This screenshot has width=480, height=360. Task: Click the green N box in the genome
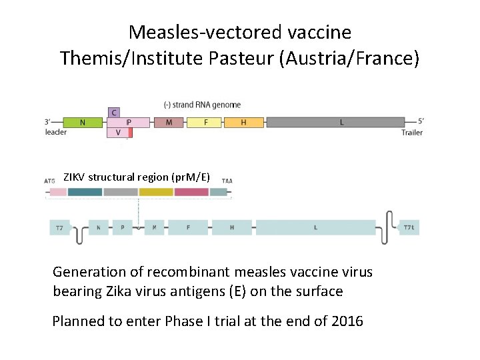[x=83, y=122]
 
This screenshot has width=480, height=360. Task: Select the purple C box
[x=114, y=112]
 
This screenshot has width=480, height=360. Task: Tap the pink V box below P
[x=118, y=133]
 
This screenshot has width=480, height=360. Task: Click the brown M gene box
[x=169, y=122]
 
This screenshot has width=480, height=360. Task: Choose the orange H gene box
[x=243, y=122]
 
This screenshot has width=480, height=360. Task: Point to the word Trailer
[x=412, y=133]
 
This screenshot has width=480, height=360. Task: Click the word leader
[x=56, y=132]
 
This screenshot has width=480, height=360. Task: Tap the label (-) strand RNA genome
[x=202, y=105]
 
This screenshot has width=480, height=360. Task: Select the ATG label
[x=50, y=181]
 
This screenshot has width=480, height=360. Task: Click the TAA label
[x=227, y=181]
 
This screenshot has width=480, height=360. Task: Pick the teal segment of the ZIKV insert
[x=85, y=192]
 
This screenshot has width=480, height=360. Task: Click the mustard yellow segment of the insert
[x=156, y=192]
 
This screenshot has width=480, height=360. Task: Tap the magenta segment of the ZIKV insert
[x=191, y=192]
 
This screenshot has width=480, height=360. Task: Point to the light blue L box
[x=315, y=227]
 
